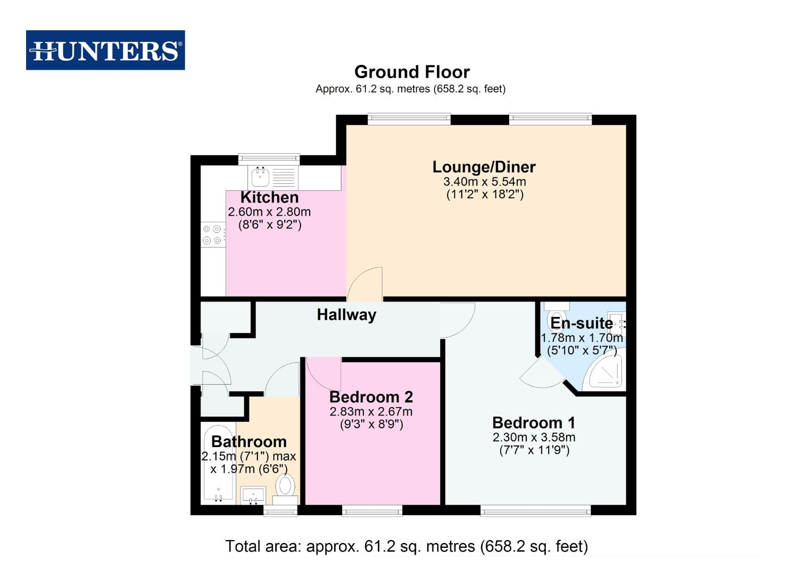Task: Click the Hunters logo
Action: point(105,50)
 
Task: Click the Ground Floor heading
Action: point(412,72)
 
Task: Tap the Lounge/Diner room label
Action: point(484,167)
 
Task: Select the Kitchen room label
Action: point(269,197)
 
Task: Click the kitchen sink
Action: point(261,177)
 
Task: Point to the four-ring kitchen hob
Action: point(212,235)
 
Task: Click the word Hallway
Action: point(346,315)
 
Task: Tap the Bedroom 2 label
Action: point(371,397)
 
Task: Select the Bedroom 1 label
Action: point(533,423)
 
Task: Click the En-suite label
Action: point(581,323)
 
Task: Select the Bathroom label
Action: point(248,442)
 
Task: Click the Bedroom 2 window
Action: point(372,511)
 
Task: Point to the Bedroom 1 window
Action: point(535,511)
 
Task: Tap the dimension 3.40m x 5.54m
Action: point(484,182)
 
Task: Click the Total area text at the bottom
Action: point(406,546)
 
